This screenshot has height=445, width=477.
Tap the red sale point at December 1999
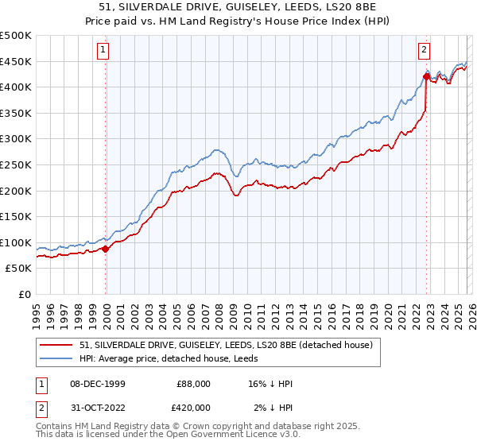(106, 249)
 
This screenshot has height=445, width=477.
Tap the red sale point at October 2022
(426, 77)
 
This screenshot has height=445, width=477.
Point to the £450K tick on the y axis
(16, 61)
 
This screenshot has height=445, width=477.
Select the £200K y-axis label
(16, 191)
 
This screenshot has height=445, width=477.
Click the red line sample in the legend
(57, 346)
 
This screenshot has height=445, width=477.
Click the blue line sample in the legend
(57, 359)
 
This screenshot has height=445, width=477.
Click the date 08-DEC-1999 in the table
(95, 384)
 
